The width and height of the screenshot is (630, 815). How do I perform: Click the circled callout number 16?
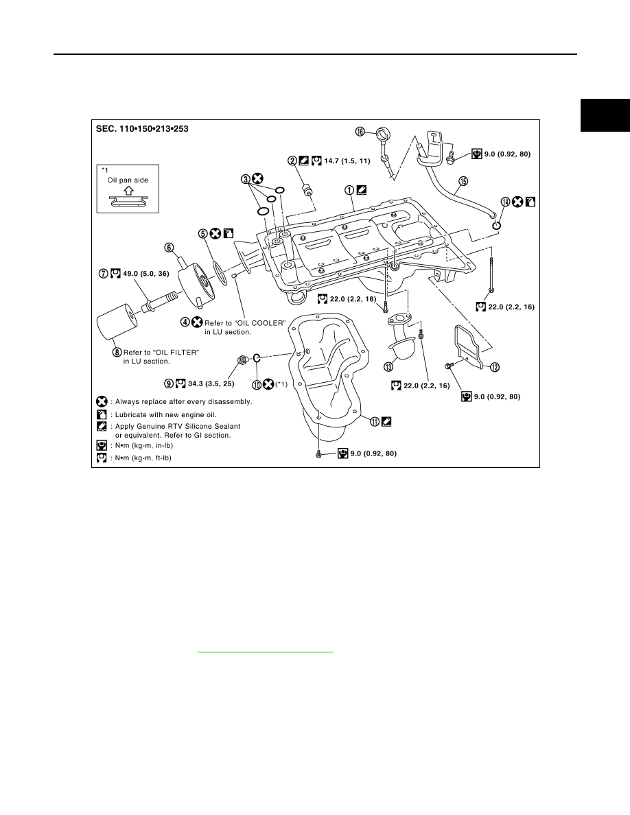360,132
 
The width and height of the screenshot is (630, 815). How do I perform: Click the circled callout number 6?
169,248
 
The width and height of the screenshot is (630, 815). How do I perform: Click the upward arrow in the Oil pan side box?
128,191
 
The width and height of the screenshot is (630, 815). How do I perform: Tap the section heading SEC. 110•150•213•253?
142,128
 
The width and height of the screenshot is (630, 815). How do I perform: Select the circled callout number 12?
494,368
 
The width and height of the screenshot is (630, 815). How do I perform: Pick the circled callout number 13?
388,366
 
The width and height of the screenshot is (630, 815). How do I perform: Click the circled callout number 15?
463,181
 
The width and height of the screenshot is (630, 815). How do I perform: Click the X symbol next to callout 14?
517,202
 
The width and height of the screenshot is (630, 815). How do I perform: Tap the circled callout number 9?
169,383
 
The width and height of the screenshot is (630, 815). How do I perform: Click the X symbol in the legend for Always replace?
102,402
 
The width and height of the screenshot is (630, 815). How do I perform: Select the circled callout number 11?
375,421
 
